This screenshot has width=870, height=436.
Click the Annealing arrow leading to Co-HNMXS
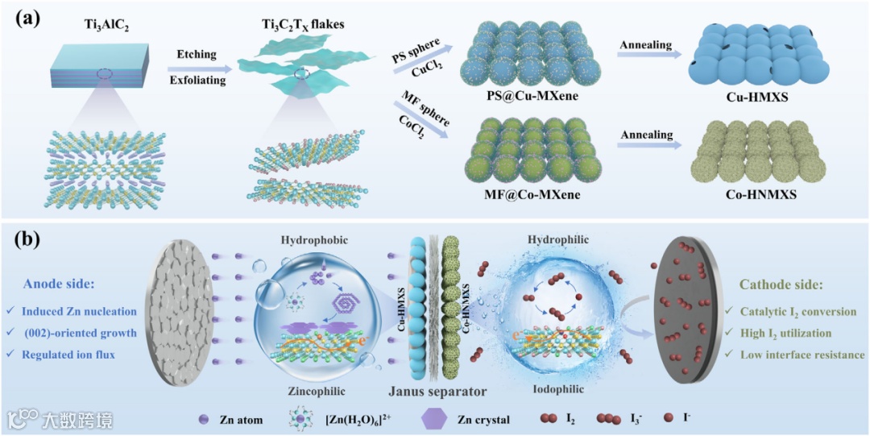point(648,145)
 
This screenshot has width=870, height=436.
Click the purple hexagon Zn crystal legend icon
point(435,420)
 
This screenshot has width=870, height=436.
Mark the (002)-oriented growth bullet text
point(74,333)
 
